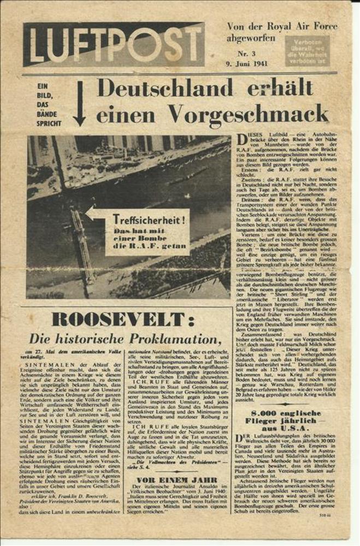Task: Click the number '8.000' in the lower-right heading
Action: click(265, 413)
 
